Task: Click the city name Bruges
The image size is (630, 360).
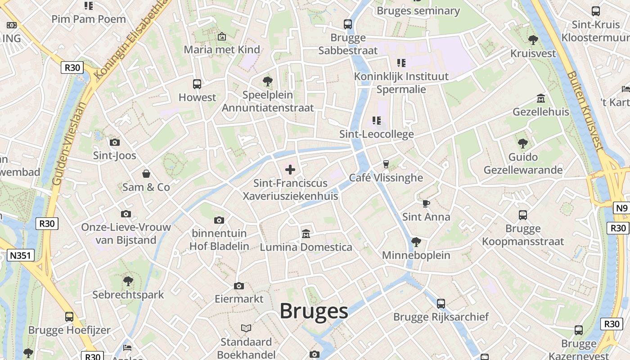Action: [x=314, y=311]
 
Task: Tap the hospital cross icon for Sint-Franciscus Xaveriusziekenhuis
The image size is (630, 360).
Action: [x=290, y=170]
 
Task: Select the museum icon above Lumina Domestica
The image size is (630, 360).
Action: [x=306, y=234]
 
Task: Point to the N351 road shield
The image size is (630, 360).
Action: [x=21, y=256]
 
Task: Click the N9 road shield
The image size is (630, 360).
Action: [x=621, y=208]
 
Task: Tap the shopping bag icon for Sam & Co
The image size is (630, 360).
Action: [x=146, y=174]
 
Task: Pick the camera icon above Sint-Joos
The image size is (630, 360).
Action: [x=115, y=142]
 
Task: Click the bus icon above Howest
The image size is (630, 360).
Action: [x=197, y=84]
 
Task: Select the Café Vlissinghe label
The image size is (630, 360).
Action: [x=386, y=178]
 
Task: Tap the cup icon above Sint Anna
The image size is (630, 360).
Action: [x=426, y=203]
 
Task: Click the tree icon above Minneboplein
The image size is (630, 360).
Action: [x=416, y=242]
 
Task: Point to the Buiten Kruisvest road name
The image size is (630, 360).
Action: [x=585, y=110]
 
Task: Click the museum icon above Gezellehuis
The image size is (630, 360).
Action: [x=541, y=98]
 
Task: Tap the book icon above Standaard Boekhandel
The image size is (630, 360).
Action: [x=246, y=328]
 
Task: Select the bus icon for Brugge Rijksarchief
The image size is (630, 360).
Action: [x=441, y=304]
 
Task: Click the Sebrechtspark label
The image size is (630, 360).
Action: [x=128, y=295]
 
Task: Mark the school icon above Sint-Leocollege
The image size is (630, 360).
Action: [x=377, y=121]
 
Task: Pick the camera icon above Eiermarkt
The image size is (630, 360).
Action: [x=239, y=286]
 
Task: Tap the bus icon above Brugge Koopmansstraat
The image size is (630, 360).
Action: [x=522, y=215]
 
